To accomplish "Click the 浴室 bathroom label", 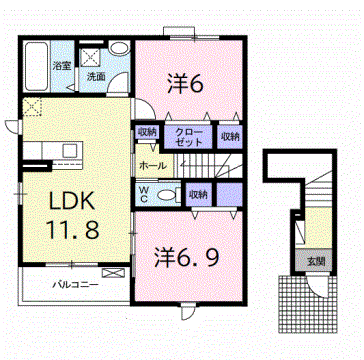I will pyautogui.click(x=62, y=66).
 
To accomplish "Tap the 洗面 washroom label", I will pyautogui.click(x=95, y=76).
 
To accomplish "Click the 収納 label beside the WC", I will pyautogui.click(x=197, y=193).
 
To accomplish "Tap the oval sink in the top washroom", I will pyautogui.click(x=117, y=49).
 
